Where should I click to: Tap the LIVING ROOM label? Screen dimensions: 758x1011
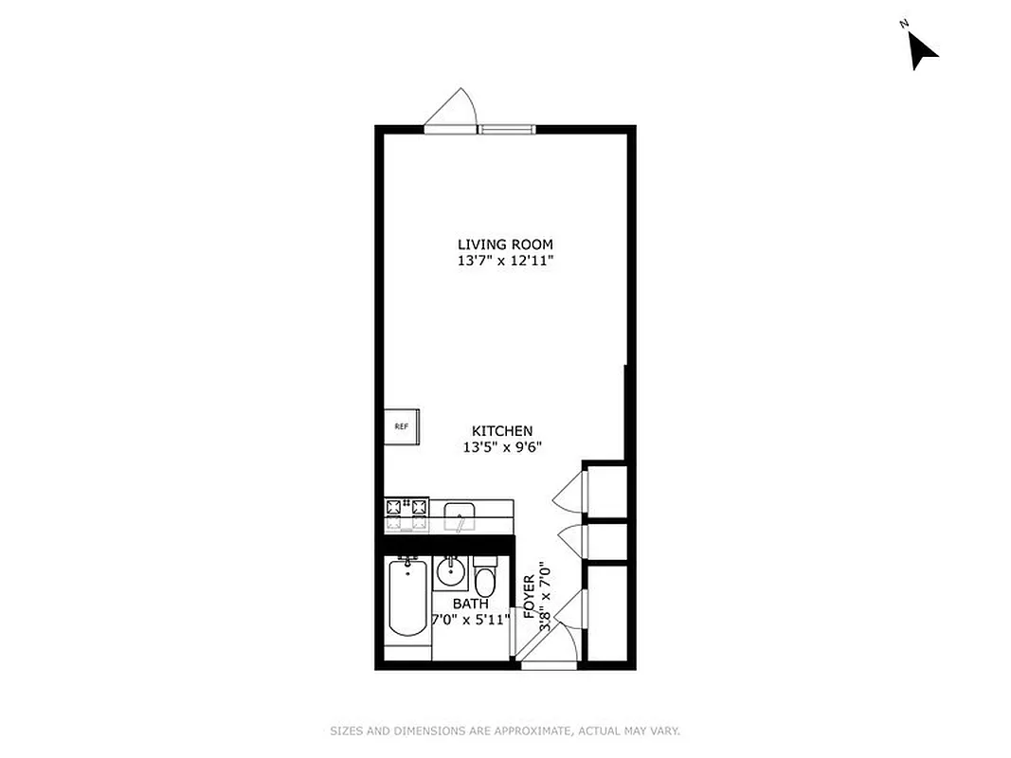[x=505, y=244]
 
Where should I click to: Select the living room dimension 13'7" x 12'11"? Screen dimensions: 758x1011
[x=505, y=261]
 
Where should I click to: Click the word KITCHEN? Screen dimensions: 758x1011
[x=502, y=431]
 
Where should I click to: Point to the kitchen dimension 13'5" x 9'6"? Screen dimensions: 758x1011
[x=502, y=447]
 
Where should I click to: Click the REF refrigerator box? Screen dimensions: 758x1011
[x=402, y=426]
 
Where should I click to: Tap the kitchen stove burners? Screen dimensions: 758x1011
[x=406, y=515]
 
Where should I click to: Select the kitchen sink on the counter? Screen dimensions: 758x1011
[x=460, y=516]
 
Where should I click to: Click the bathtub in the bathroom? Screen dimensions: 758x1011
[x=408, y=600]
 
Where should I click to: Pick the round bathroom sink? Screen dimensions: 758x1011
[x=450, y=573]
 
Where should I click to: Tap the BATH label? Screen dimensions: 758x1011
[x=471, y=604]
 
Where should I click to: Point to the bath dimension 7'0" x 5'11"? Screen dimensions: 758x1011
[x=471, y=620]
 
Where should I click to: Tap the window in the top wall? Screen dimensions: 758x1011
[x=506, y=129]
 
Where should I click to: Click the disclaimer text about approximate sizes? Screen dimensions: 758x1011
[x=505, y=731]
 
